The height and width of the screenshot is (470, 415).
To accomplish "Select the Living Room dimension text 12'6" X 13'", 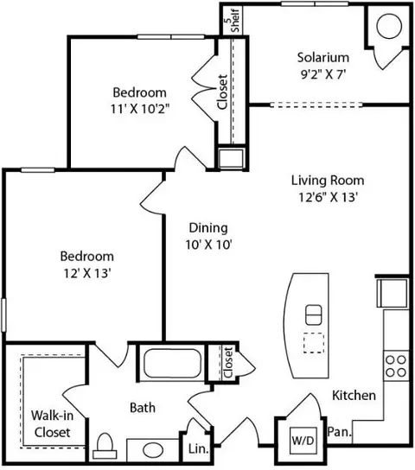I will click(x=327, y=197).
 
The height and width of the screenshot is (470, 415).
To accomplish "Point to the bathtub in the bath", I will click(x=179, y=362).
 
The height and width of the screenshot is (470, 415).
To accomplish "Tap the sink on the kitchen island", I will click(x=313, y=313).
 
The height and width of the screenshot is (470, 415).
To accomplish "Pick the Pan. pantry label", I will click(x=338, y=431).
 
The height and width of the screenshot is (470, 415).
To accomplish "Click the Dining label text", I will click(x=208, y=228).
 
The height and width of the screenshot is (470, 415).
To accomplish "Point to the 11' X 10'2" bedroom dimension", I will click(x=138, y=109).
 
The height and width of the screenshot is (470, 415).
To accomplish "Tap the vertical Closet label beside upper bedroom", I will click(x=222, y=92).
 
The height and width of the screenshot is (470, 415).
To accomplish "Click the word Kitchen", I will click(x=354, y=396).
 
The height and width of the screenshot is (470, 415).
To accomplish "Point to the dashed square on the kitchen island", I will click(x=312, y=343).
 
